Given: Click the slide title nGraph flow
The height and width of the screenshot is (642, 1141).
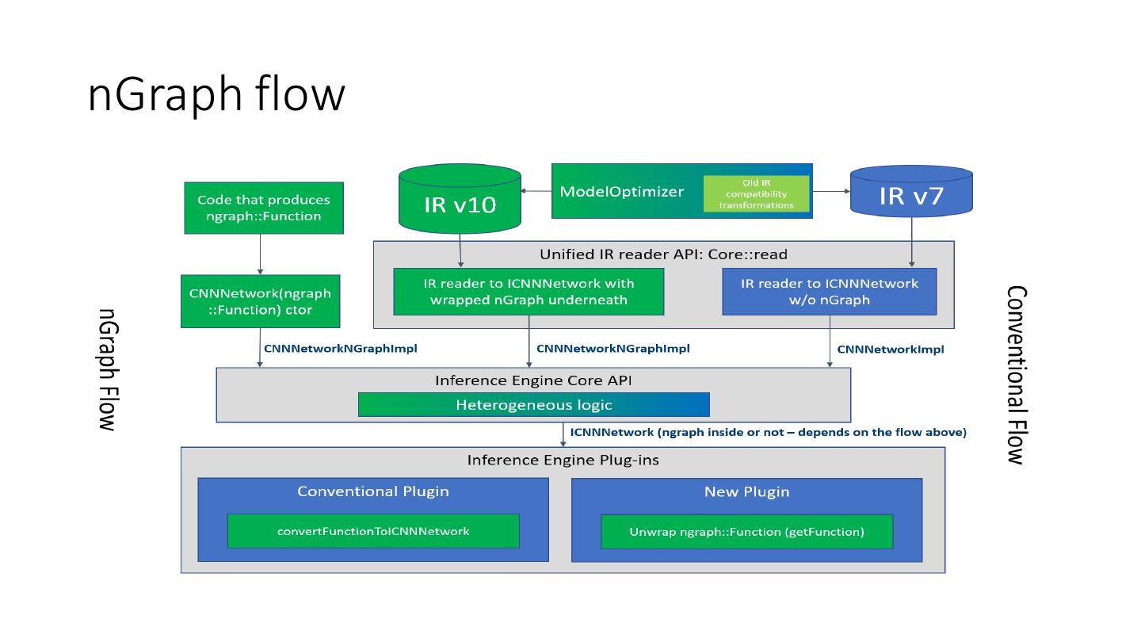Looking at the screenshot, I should click(x=216, y=95).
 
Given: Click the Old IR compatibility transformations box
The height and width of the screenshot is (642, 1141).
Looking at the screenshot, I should click(x=756, y=194).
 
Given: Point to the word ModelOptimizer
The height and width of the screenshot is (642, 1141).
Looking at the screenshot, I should click(x=621, y=191).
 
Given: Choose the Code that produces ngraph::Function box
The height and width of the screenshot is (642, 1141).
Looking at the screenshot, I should click(x=264, y=208).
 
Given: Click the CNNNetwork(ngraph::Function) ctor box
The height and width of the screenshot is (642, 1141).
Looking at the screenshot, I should click(x=260, y=301).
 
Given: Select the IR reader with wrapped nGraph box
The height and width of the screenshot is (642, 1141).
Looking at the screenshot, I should click(x=529, y=291).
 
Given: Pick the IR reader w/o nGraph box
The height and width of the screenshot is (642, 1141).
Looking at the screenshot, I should click(x=829, y=291).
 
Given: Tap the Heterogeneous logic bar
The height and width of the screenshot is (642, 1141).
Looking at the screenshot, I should click(x=533, y=405).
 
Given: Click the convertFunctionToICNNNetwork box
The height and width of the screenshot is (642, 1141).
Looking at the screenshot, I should click(x=373, y=531).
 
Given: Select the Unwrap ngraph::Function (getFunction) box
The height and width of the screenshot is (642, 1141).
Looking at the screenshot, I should click(x=746, y=531).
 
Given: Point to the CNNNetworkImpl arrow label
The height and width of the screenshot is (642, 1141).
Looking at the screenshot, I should click(x=891, y=349).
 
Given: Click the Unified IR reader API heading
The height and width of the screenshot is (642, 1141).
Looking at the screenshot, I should click(x=663, y=254).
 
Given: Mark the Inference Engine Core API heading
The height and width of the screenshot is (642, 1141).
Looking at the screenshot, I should click(x=533, y=380).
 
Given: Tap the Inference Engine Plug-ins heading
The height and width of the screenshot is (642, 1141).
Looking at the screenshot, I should click(x=563, y=460).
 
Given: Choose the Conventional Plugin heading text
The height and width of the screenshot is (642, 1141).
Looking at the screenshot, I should click(x=373, y=491).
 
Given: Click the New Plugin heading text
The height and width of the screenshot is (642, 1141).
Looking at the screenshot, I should click(x=746, y=491).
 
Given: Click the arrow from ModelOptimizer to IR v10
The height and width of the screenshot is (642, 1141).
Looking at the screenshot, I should click(x=536, y=191).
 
